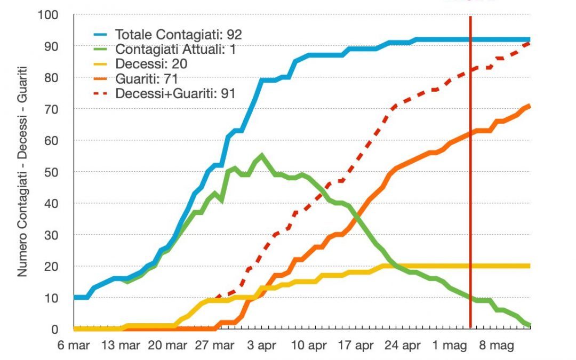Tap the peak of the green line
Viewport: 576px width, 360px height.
point(261,155)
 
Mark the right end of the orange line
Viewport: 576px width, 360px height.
point(529,106)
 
